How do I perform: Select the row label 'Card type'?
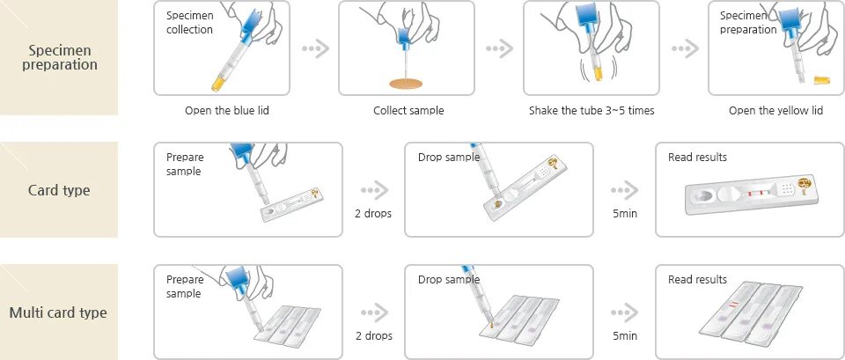click(x=60, y=190)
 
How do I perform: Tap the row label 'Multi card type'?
click(x=58, y=312)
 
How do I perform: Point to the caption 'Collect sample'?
click(x=408, y=111)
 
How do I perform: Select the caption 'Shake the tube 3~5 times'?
click(x=591, y=111)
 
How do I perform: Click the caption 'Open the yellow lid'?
click(x=775, y=111)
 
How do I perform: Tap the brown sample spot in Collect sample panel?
click(x=407, y=84)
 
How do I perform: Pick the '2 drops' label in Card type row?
click(x=374, y=214)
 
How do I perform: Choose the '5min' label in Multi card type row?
click(x=625, y=336)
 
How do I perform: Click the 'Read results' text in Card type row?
click(x=697, y=158)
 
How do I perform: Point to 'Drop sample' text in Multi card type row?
click(x=449, y=280)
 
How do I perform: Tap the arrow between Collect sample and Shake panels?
click(x=499, y=48)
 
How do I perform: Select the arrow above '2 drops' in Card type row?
click(x=374, y=190)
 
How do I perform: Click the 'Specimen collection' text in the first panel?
click(x=189, y=23)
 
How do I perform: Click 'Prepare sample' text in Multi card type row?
click(x=185, y=286)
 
